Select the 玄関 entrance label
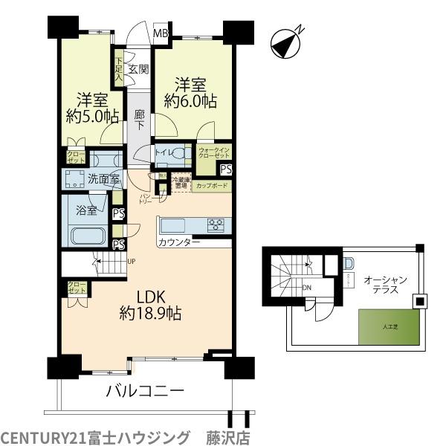point(138,70)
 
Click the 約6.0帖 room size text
point(191,101)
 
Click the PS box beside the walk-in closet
point(225,169)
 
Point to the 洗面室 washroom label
point(103,179)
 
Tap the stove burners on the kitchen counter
point(216,224)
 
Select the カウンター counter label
point(178,243)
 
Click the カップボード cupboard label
point(211,186)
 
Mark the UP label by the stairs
point(132,262)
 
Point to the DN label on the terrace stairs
point(308,288)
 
